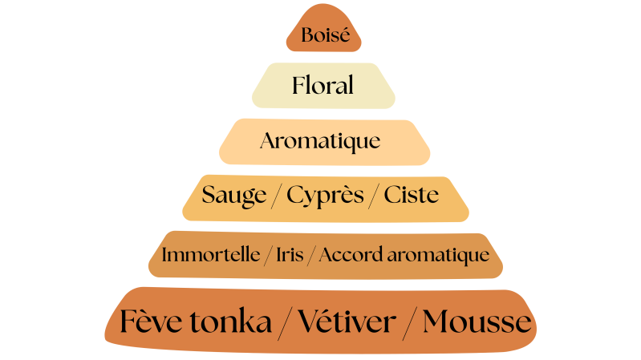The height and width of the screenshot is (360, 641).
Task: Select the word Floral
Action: pos(323,85)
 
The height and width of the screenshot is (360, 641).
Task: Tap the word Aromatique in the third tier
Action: pos(319,142)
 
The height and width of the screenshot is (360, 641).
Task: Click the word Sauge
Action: pos(233,195)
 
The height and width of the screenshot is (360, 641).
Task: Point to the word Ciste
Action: pos(411,195)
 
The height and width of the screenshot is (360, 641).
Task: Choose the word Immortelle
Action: pos(211,256)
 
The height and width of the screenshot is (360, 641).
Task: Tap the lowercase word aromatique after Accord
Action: pos(438,256)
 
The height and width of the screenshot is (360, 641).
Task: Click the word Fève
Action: pos(152,322)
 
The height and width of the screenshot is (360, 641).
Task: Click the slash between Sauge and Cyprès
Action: pos(275,196)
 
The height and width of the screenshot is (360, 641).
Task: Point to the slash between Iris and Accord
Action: pos(314,257)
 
